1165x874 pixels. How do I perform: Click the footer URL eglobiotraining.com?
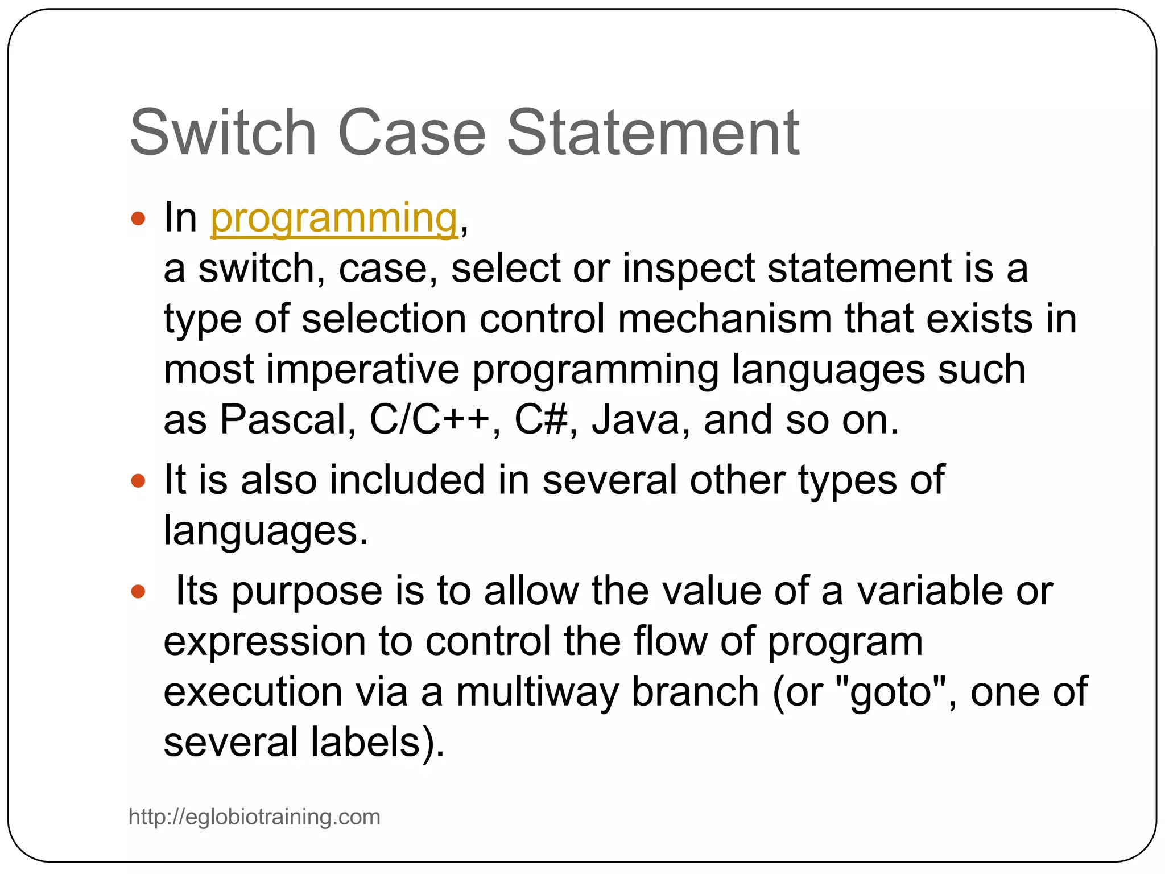pyautogui.click(x=254, y=817)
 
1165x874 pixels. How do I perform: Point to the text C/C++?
pyautogui.click(x=429, y=420)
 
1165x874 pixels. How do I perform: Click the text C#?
pyautogui.click(x=540, y=420)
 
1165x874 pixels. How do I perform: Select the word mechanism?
pyautogui.click(x=725, y=319)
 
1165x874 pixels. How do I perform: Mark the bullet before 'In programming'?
pyautogui.click(x=138, y=219)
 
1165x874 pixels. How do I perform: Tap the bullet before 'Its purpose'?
pyautogui.click(x=138, y=592)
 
